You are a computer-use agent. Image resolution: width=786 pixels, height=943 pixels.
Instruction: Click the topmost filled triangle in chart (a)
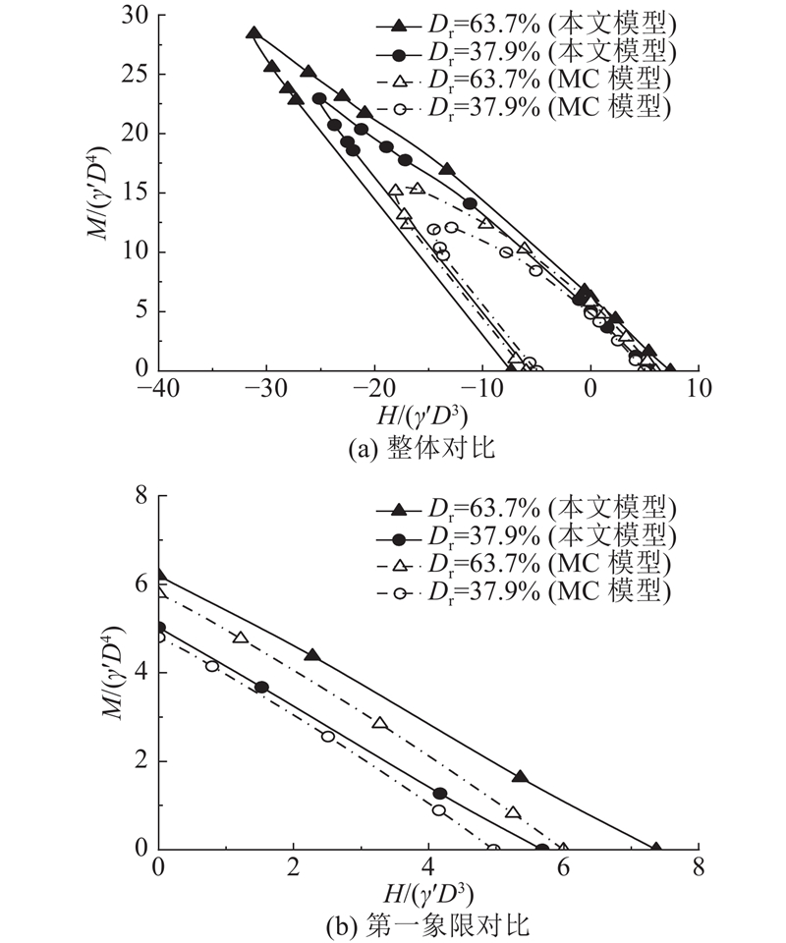pyautogui.click(x=253, y=32)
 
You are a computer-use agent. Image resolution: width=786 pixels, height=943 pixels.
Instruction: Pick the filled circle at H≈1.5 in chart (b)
pyautogui.click(x=261, y=688)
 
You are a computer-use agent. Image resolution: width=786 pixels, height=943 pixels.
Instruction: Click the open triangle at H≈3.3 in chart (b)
pyautogui.click(x=380, y=723)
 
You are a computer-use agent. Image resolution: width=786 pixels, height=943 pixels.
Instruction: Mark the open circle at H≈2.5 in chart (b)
pyautogui.click(x=328, y=736)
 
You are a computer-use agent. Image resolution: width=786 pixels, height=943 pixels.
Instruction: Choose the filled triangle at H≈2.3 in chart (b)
pyautogui.click(x=312, y=654)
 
